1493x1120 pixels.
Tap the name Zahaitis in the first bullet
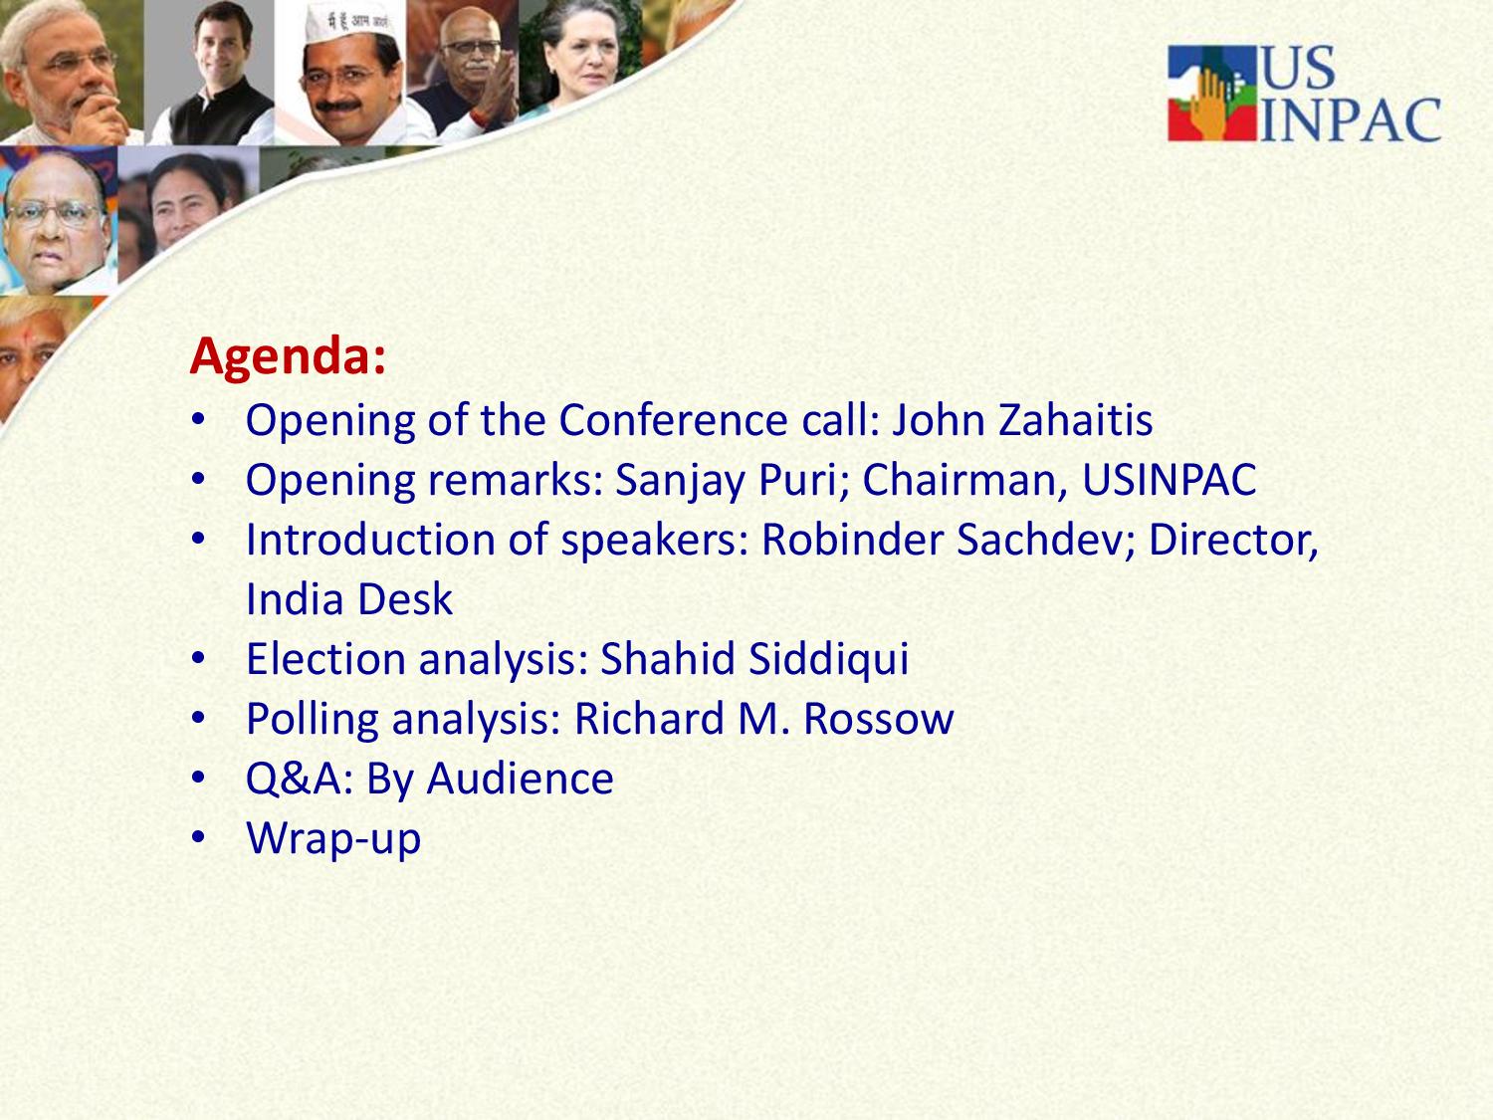(1075, 419)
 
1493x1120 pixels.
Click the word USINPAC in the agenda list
(1169, 480)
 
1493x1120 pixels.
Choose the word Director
(1233, 540)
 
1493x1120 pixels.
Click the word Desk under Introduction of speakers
(405, 599)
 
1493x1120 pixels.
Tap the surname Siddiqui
(828, 659)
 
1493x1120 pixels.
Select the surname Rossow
(878, 719)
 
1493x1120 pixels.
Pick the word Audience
(520, 779)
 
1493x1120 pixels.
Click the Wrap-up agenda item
(333, 839)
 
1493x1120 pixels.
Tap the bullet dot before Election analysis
(198, 658)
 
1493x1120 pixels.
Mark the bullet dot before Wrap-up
(198, 837)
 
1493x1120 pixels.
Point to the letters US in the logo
(1298, 68)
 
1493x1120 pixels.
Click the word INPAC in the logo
(1350, 119)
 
